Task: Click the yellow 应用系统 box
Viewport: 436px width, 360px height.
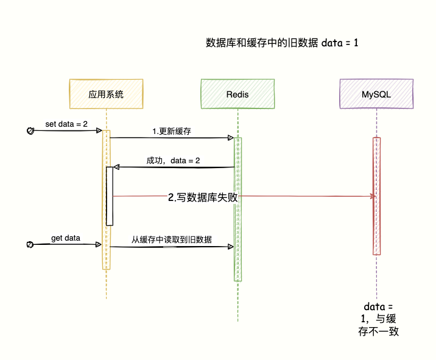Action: point(106,94)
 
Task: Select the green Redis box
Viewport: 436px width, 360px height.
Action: point(237,94)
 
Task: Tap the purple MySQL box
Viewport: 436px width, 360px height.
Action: point(376,94)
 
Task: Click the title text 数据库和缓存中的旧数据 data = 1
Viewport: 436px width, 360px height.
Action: point(282,43)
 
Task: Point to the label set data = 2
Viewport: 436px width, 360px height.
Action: point(66,124)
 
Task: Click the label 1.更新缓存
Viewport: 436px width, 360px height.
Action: point(172,131)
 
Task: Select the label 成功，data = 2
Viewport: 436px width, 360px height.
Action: point(173,160)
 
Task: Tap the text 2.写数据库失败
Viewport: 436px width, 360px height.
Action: point(202,197)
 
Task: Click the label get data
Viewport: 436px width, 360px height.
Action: point(65,238)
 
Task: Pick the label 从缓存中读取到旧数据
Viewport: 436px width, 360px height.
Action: point(172,239)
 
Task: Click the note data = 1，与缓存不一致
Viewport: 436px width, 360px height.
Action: point(378,319)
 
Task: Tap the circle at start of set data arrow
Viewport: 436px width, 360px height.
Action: point(30,130)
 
